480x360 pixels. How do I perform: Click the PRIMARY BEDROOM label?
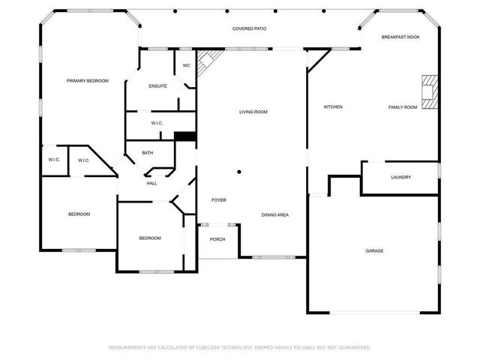click(87, 81)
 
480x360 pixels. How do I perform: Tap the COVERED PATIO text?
click(249, 28)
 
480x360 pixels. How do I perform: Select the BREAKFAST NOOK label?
click(400, 37)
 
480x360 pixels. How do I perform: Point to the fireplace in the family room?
click(428, 91)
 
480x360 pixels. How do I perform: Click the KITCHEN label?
click(333, 107)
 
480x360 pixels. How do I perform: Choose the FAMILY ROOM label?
click(402, 107)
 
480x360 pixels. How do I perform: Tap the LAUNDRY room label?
click(400, 177)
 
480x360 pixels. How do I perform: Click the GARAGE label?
click(374, 250)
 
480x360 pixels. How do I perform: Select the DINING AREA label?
click(275, 214)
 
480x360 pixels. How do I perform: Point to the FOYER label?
click(218, 200)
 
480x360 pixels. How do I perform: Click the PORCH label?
click(217, 240)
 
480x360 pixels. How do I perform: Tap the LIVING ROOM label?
click(253, 112)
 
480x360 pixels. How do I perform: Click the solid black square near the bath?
click(184, 136)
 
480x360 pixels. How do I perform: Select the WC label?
click(187, 65)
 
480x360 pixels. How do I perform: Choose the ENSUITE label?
click(157, 86)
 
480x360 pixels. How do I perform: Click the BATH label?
click(148, 153)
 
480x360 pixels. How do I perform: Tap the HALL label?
click(151, 183)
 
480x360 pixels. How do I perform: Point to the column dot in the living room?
click(238, 172)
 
